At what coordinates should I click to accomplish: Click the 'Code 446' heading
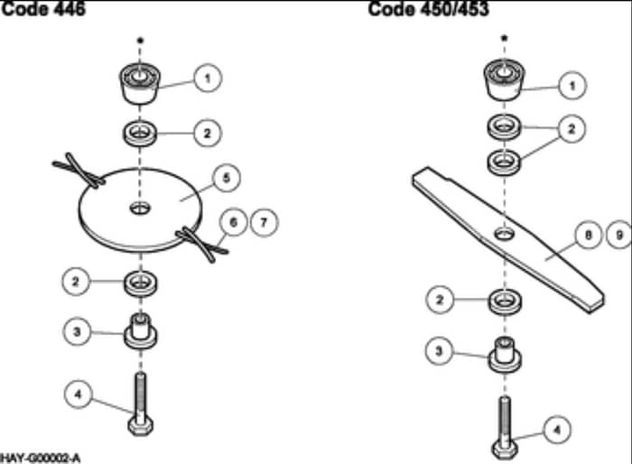pos(43,9)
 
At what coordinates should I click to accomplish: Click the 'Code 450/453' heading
pos(429,9)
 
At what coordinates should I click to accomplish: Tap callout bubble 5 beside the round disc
pos(226,178)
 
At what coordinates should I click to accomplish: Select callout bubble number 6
pos(233,222)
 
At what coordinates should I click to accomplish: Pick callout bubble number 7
pos(264,222)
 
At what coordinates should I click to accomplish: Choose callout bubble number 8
pos(588,235)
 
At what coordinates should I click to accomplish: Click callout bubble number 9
pos(619,235)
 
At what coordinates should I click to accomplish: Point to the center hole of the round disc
pos(140,209)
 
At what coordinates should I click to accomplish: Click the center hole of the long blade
pos(504,233)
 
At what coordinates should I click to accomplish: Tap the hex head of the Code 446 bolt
pos(140,426)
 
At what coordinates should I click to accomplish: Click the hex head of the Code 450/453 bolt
pos(505,450)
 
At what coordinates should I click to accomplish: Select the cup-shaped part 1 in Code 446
pos(140,84)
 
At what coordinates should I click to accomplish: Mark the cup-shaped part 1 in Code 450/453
pos(504,79)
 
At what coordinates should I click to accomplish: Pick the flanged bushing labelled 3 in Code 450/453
pos(505,355)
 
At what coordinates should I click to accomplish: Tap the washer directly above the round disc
pos(140,134)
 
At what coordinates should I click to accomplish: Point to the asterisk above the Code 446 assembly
pos(140,41)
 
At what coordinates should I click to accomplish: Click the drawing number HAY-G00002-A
pos(41,459)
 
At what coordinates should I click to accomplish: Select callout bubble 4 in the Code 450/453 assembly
pos(557,430)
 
